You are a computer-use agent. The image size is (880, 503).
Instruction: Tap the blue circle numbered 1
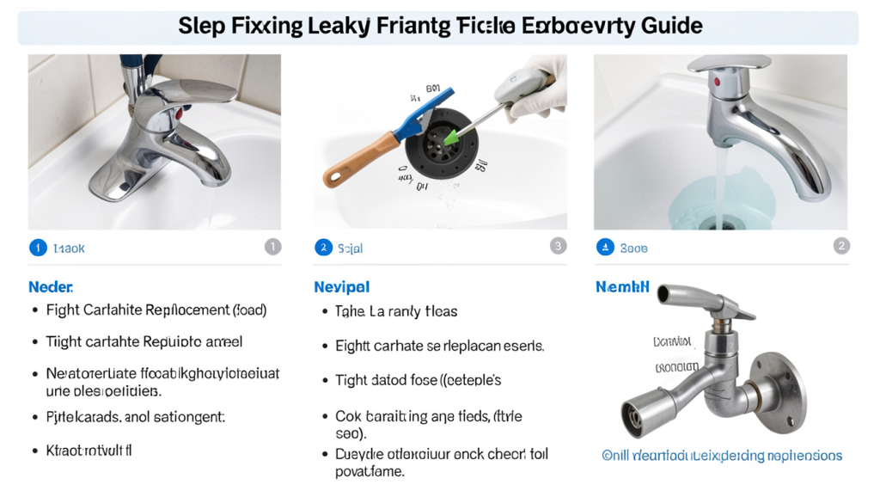38,248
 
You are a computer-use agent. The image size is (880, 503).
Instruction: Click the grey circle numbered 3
558,247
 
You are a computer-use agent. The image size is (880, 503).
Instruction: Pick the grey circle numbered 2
841,247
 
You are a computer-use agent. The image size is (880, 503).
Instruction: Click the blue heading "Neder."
51,286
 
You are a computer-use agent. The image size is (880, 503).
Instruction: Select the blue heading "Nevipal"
341,287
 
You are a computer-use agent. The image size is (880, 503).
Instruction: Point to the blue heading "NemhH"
622,287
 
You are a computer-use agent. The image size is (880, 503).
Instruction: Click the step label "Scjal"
350,248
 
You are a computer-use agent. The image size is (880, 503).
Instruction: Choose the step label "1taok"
69,248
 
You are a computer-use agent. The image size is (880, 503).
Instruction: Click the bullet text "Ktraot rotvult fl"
89,450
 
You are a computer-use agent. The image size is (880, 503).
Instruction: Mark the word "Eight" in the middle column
351,346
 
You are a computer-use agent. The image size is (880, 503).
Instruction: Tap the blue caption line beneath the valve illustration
721,456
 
